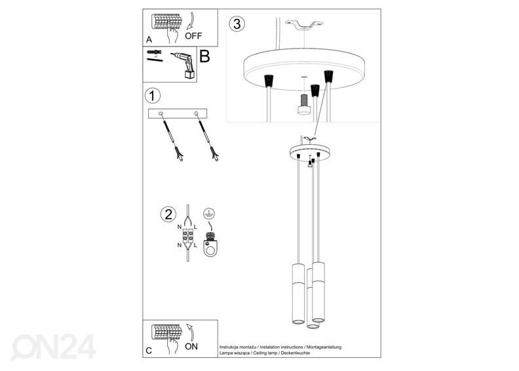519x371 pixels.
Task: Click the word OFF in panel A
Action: [193, 36]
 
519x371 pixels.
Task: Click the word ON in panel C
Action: [191, 347]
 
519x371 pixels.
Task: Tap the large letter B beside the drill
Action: [204, 56]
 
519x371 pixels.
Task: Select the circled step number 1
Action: [152, 96]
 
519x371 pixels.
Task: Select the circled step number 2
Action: [168, 214]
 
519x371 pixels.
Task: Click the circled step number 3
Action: [237, 24]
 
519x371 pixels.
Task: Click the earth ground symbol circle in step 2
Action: [209, 214]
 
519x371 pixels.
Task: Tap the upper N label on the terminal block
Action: [180, 227]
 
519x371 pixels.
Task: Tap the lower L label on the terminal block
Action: [195, 245]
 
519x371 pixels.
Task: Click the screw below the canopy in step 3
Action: [304, 104]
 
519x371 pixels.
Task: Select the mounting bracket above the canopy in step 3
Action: [304, 25]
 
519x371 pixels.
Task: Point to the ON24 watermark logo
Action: [54, 347]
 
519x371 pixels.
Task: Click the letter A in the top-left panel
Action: [149, 40]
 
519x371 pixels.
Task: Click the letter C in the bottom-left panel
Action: [149, 351]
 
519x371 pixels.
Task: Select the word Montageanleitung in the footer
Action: [324, 347]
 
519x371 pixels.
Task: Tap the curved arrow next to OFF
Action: [189, 22]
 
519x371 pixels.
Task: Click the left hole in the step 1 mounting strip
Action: [161, 113]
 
